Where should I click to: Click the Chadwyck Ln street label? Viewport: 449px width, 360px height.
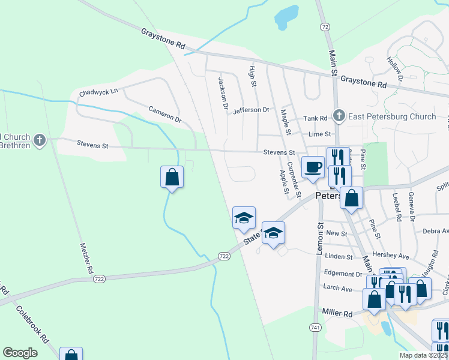[x=98, y=92]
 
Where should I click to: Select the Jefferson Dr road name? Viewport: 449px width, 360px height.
[x=252, y=110]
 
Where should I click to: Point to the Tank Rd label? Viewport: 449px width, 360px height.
[x=315, y=118]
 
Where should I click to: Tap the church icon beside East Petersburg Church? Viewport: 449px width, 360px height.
[x=339, y=116]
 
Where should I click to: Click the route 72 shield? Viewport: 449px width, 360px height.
[x=325, y=27]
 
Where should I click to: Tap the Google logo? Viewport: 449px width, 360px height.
[x=20, y=353]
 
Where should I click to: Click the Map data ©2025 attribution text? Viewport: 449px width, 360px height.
[x=423, y=355]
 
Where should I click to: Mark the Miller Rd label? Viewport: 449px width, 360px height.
[x=337, y=313]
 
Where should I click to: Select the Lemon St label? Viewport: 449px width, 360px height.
[x=320, y=238]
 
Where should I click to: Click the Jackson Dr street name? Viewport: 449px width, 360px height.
[x=223, y=94]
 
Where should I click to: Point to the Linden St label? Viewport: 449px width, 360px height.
[x=338, y=257]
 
